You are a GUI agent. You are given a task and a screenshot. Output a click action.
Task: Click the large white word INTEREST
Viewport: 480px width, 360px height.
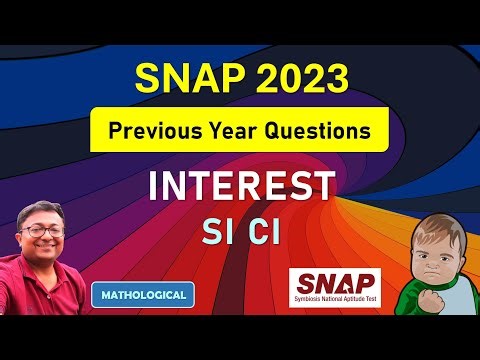pos(240,187)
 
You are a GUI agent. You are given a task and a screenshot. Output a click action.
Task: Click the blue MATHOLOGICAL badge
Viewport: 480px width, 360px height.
pos(143,295)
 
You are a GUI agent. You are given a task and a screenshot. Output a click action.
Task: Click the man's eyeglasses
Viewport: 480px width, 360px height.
pos(45,229)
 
